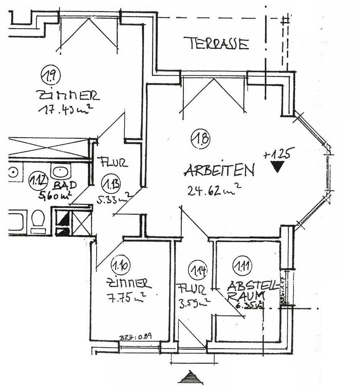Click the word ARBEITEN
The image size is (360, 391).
point(219,170)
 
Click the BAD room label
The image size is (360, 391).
point(65,185)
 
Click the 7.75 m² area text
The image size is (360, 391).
point(126,298)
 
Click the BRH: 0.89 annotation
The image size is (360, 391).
point(135,337)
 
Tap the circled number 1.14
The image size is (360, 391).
point(198,270)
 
